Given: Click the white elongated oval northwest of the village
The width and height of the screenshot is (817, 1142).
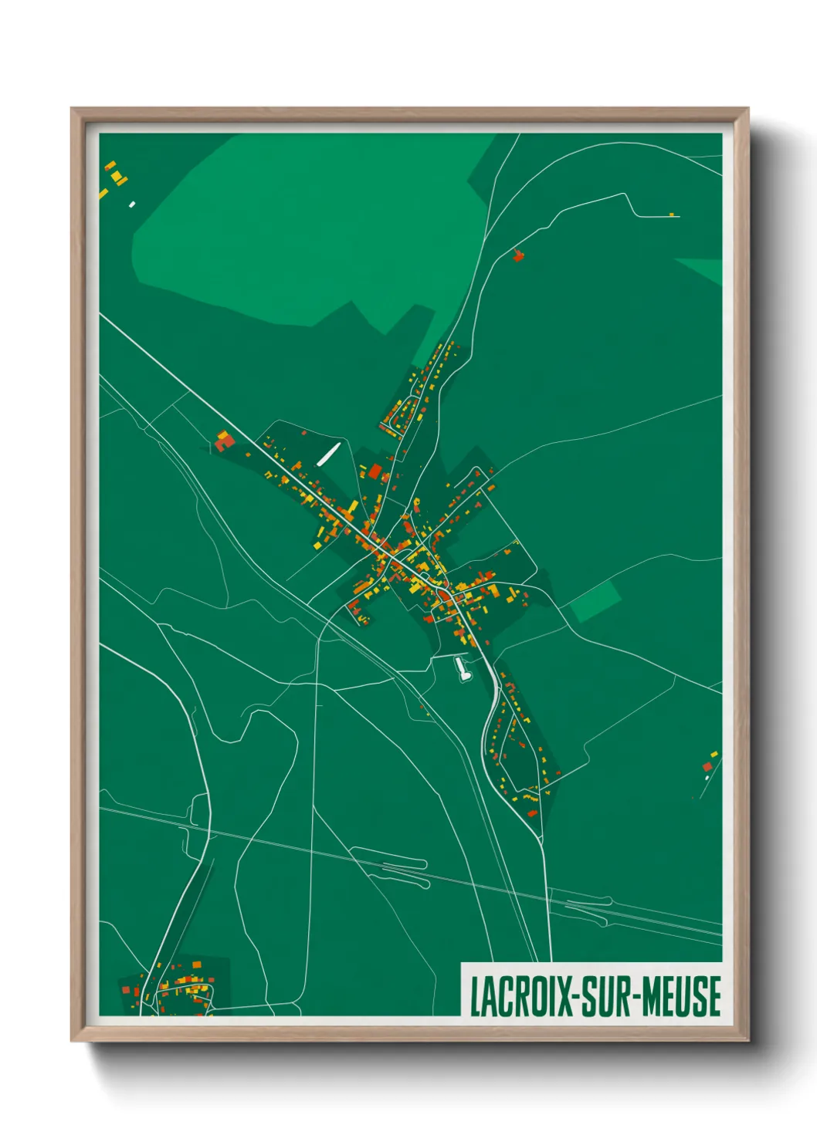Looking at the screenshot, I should (x=328, y=454).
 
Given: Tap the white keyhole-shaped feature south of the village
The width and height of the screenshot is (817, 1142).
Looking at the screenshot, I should (x=463, y=668).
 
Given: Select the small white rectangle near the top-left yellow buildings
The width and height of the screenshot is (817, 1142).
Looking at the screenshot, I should (x=132, y=204).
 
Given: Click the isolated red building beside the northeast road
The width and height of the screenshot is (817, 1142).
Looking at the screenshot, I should (x=518, y=255).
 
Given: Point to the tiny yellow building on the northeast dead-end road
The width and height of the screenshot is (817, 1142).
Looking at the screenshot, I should (x=671, y=214).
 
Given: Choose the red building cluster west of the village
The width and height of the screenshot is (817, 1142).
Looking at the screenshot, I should (x=224, y=441).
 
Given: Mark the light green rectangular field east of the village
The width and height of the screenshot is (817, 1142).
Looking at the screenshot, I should (x=595, y=602).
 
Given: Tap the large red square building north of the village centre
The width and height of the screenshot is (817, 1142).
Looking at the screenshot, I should (x=375, y=471).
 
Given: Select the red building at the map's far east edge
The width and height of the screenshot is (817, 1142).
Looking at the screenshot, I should (x=707, y=766).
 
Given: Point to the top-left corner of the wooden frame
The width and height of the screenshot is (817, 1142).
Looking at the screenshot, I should (x=73, y=110).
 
